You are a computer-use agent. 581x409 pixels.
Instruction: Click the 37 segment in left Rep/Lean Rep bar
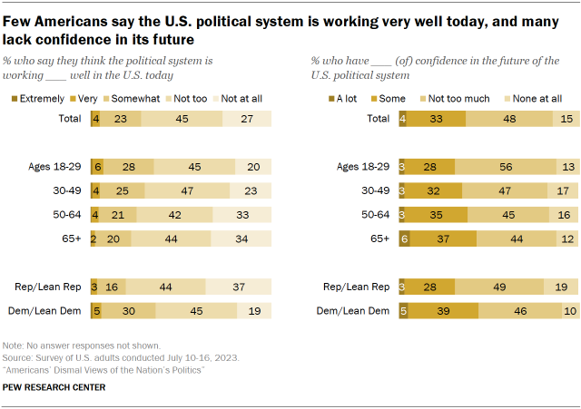point(239,287)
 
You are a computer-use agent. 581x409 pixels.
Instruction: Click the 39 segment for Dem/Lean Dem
point(444,309)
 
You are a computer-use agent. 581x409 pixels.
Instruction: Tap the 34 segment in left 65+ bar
point(242,238)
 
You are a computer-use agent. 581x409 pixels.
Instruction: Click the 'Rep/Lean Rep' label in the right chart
point(358,287)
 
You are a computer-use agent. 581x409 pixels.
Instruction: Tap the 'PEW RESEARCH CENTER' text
point(54,387)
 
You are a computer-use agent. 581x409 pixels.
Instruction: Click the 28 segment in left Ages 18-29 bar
point(129,166)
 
